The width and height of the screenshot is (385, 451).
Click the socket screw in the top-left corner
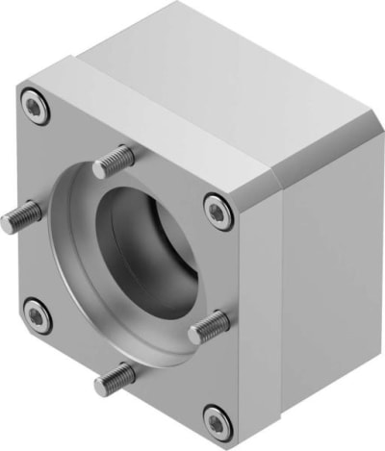tap(34, 102)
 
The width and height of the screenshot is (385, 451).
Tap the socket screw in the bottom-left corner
tap(37, 313)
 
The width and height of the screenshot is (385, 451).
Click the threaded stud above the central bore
tap(114, 163)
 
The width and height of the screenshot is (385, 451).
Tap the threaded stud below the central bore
tap(115, 378)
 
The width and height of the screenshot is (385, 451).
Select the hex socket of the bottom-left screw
tap(37, 313)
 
